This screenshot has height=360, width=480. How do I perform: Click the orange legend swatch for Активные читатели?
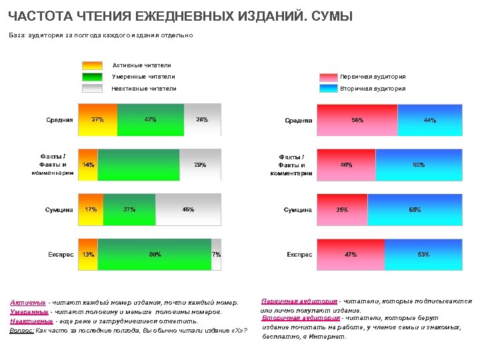coord(92,65)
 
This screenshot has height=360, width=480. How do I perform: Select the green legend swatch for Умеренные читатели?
coord(92,77)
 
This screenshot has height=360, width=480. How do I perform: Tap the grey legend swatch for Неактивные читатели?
coord(92,88)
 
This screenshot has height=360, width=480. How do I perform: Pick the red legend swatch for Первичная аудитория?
coord(328,77)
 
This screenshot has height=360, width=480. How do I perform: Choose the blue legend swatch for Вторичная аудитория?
coord(328,88)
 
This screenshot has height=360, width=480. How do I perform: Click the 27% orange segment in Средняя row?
coord(97,120)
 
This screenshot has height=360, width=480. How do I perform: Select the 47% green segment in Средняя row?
coord(150,120)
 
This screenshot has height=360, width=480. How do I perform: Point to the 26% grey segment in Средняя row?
coord(202,120)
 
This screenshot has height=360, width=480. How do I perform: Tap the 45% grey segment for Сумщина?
coord(188,209)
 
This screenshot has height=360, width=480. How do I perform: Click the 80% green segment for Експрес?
coord(154,254)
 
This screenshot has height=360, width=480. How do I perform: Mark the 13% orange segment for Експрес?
coord(87,254)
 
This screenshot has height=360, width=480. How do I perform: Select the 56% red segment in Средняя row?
coord(357,120)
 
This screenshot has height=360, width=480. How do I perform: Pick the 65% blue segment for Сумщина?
coord(414,209)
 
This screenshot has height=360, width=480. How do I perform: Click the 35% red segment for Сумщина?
coord(342,209)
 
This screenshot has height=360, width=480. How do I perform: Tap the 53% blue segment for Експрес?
coord(423,254)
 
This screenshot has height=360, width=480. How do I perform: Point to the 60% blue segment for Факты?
coord(418,165)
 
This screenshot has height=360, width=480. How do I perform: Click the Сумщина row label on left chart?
coord(59,210)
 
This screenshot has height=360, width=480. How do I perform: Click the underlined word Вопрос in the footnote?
coord(22,330)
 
